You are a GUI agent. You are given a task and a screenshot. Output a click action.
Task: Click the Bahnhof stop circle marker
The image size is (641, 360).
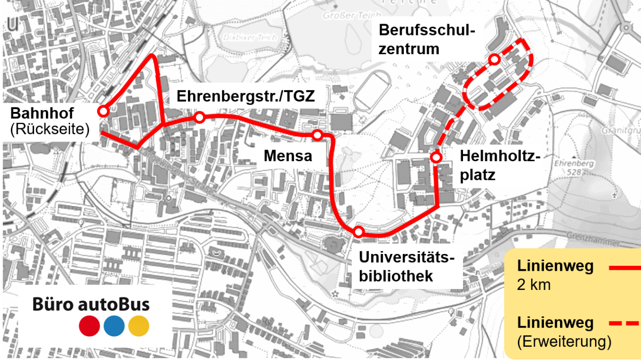point(103,111)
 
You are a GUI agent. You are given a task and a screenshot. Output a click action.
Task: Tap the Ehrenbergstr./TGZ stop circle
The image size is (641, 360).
point(199,117)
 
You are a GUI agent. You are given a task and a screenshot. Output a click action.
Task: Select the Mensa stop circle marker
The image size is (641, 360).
point(318,135)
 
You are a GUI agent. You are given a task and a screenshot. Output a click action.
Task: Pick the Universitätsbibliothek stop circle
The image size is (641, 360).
point(358,231)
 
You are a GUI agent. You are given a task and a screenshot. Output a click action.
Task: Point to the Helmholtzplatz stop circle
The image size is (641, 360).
point(436,157)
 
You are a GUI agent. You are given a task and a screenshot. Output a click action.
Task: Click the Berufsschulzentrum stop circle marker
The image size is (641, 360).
point(495,60)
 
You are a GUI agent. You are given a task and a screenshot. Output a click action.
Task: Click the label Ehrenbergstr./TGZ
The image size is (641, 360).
point(245,96)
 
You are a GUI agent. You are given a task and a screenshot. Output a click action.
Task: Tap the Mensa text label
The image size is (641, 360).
point(288,156)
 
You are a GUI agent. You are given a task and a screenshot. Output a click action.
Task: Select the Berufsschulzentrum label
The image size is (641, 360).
point(427,40)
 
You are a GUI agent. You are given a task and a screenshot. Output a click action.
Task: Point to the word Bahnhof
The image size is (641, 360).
point(42,113)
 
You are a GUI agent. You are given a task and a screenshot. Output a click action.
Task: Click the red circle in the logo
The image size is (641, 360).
point(89,326)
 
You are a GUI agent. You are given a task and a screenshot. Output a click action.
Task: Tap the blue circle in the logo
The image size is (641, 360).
point(114,326)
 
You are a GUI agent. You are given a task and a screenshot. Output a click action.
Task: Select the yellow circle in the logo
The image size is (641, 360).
point(139,326)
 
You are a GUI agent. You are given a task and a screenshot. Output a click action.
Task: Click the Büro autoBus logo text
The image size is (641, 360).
point(91,303)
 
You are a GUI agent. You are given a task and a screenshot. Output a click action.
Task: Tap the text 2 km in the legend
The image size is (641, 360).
point(534,285)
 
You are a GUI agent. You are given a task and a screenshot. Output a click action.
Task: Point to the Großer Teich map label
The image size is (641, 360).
point(345,16)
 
